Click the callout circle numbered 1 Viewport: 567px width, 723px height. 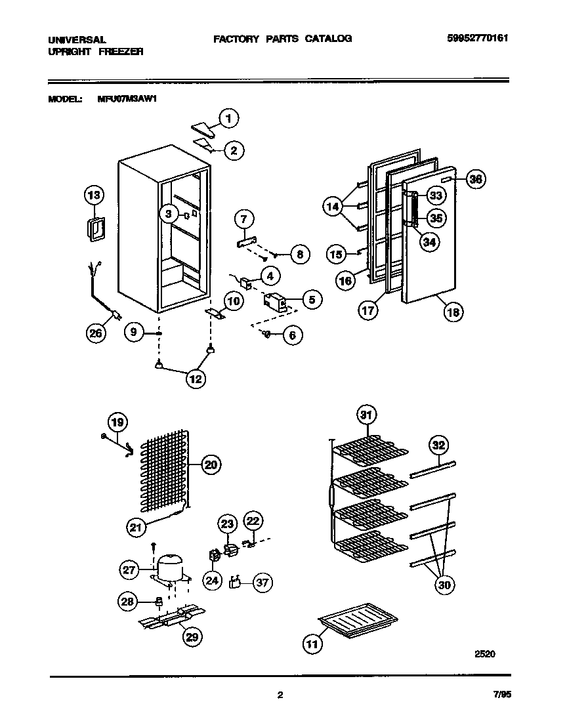228,119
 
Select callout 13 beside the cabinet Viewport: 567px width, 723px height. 94,195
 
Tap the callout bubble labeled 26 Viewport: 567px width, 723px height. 96,333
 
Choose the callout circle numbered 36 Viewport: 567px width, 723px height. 476,179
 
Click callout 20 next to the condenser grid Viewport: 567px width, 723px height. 210,465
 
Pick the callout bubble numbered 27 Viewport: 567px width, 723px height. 130,569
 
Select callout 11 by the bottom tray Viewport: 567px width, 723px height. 313,645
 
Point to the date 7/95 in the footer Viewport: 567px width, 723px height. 499,695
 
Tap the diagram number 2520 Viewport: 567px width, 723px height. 484,653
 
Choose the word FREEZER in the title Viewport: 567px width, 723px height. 122,51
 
